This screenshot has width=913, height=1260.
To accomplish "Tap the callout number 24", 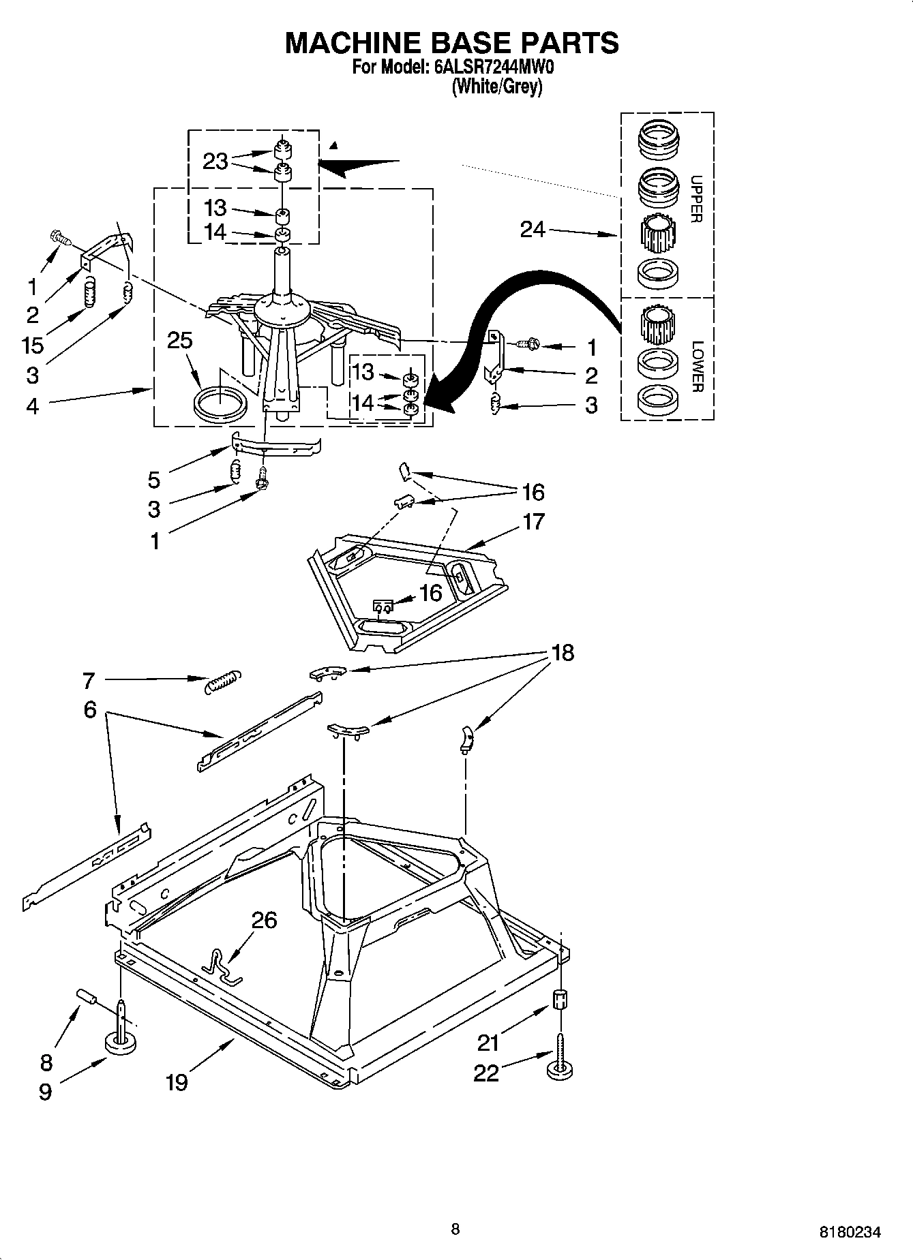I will point(533,230).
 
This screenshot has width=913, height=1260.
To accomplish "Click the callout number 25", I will point(180,341).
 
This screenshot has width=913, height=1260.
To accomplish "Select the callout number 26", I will point(264,920).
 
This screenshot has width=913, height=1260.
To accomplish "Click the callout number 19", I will point(176,1081).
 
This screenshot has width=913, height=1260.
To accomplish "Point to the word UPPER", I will point(696,199).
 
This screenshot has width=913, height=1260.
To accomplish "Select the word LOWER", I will point(696,366).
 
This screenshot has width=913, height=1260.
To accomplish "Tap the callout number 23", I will point(215,162).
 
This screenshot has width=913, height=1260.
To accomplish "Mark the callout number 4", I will point(32,406).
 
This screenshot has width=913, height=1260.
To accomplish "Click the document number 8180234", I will point(850,1232).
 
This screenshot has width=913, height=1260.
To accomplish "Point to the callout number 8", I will point(46,1062).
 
